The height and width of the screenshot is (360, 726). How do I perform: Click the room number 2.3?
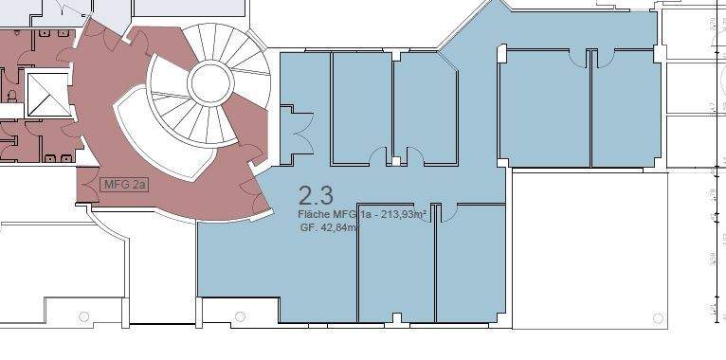(316, 196)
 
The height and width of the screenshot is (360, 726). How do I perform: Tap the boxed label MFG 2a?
(124, 183)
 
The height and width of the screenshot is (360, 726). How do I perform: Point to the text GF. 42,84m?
(328, 228)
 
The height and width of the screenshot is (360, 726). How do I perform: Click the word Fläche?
(315, 215)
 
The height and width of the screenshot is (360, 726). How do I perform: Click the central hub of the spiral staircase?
(210, 83)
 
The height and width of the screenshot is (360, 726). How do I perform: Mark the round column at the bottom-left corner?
(83, 316)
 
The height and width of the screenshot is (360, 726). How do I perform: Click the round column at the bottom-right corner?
(656, 317)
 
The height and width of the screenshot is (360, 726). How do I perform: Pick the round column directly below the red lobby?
(240, 316)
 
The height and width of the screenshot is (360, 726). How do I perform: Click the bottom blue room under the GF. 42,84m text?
(395, 275)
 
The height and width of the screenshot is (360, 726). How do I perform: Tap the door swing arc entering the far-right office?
(604, 60)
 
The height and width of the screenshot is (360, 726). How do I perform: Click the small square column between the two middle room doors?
(396, 161)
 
